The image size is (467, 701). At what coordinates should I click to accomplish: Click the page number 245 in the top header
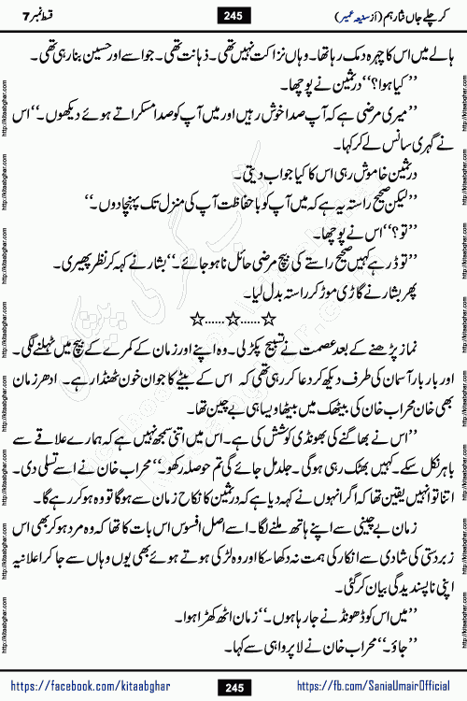pos(234,14)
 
